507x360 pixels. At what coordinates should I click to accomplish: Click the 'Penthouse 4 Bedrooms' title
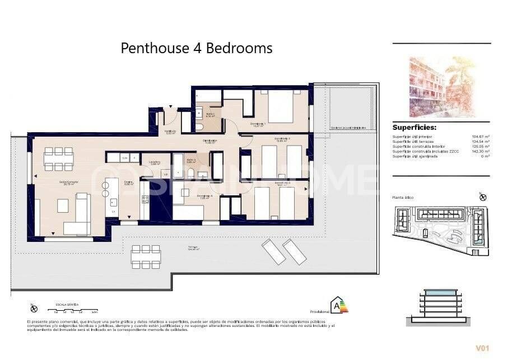197,49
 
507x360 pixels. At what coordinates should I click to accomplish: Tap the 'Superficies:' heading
414,128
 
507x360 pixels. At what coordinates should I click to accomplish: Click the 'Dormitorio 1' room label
257,124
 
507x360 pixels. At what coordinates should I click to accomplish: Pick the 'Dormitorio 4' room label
205,196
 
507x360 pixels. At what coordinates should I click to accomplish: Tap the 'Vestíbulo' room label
170,132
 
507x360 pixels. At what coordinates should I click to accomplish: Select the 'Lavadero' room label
155,163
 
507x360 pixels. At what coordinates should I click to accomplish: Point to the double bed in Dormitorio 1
280,106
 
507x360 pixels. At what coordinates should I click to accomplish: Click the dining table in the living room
59,158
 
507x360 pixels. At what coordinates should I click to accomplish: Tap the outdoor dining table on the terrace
145,256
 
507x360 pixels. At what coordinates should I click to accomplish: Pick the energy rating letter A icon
338,305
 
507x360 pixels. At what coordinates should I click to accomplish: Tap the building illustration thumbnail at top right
441,86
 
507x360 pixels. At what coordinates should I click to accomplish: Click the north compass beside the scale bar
34,308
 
